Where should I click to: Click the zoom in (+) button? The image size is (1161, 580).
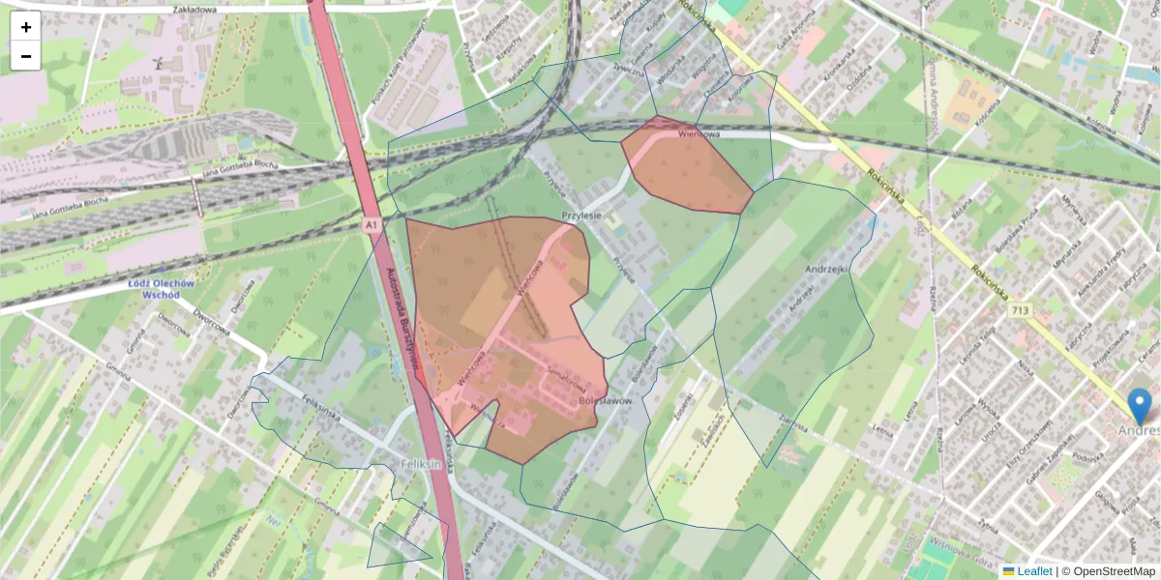tap(26, 27)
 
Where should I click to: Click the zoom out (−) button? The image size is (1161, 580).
tap(26, 56)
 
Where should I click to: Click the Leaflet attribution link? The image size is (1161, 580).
tap(1033, 571)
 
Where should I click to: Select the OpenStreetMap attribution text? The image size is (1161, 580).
tap(1114, 571)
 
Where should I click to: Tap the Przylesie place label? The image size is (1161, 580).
tap(582, 216)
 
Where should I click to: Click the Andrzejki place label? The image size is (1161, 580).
tap(826, 270)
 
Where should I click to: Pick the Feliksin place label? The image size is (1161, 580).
tap(421, 465)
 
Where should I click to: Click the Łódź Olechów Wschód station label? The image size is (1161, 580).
tap(162, 289)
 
